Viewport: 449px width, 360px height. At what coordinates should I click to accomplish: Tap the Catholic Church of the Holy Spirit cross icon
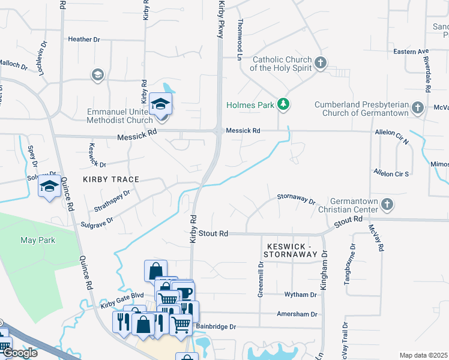[321, 62]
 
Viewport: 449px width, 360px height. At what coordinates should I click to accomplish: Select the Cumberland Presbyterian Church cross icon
[418, 108]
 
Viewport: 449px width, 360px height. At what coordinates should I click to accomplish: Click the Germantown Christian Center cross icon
[387, 205]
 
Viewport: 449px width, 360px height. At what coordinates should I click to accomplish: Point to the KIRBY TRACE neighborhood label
[111, 179]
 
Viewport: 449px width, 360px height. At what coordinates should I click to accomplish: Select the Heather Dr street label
[83, 39]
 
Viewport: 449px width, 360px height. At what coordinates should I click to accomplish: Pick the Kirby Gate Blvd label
[122, 295]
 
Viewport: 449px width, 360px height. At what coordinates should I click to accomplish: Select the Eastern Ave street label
[411, 52]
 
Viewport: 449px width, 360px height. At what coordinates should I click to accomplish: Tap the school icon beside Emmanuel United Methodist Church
[160, 104]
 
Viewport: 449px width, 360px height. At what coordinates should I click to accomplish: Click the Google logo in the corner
[20, 353]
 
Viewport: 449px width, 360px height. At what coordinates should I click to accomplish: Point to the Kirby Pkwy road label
[221, 19]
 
